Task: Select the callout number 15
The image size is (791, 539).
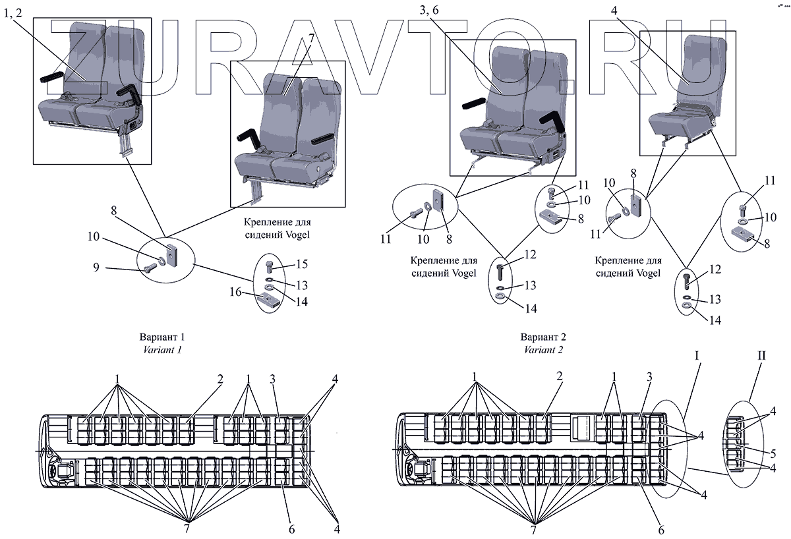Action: click(301, 264)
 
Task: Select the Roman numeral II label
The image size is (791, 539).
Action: click(761, 356)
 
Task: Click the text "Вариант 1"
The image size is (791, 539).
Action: click(162, 337)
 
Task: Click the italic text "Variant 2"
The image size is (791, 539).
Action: click(543, 350)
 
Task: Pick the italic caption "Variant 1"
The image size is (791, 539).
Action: click(162, 350)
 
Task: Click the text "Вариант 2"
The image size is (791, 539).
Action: click(543, 337)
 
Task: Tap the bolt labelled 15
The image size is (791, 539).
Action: click(269, 267)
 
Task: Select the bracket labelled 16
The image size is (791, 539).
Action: click(269, 300)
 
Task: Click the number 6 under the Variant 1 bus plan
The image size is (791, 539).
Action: click(291, 529)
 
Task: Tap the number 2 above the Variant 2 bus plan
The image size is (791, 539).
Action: click(559, 376)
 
